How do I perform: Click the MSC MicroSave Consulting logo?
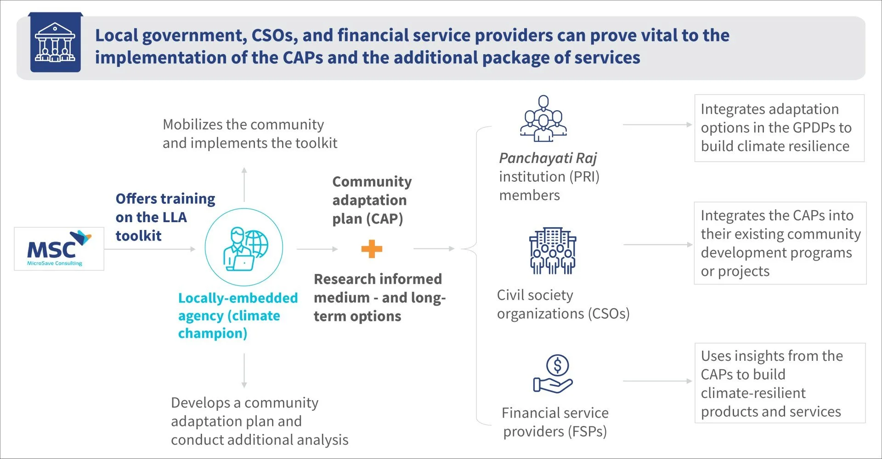[x=59, y=248]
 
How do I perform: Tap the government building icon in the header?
[x=55, y=42]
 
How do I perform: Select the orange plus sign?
[x=372, y=249]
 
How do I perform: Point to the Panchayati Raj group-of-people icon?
[x=543, y=118]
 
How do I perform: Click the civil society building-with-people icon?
[x=553, y=251]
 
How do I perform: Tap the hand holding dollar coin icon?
[x=553, y=374]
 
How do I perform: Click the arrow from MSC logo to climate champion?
[x=150, y=249]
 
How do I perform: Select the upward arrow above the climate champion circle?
[x=244, y=185]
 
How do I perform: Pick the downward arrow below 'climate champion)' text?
[x=244, y=371]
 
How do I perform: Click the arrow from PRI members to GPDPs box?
[x=657, y=124]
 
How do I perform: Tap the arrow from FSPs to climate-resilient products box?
[x=657, y=381]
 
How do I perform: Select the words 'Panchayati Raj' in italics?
[x=548, y=158]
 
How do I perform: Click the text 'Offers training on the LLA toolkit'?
[x=165, y=217]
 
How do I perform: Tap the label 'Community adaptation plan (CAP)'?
[x=372, y=200]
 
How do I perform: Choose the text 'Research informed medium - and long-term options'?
[x=380, y=297]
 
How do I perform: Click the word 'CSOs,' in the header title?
[x=273, y=36]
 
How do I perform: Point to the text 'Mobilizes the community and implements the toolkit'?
[x=250, y=134]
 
